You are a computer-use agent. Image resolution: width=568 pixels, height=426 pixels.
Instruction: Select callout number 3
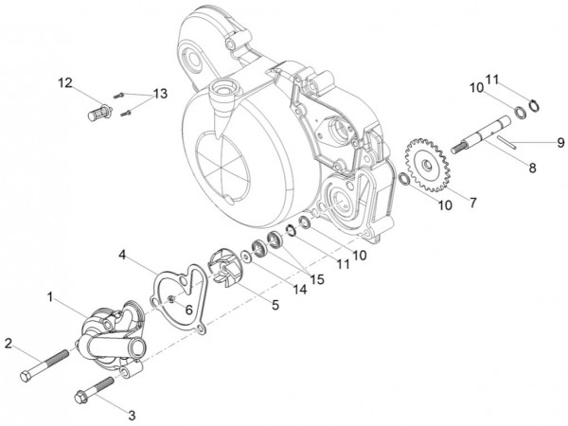pyautogui.click(x=132, y=414)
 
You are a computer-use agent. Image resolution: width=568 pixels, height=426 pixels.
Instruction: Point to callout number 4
pyautogui.click(x=123, y=254)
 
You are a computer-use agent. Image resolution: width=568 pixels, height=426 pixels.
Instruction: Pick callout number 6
pyautogui.click(x=188, y=309)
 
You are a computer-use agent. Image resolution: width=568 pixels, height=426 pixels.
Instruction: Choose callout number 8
pyautogui.click(x=531, y=169)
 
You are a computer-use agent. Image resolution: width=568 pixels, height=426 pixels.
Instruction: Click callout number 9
pyautogui.click(x=559, y=142)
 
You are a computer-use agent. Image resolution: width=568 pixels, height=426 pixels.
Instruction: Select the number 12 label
pyautogui.click(x=63, y=83)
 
